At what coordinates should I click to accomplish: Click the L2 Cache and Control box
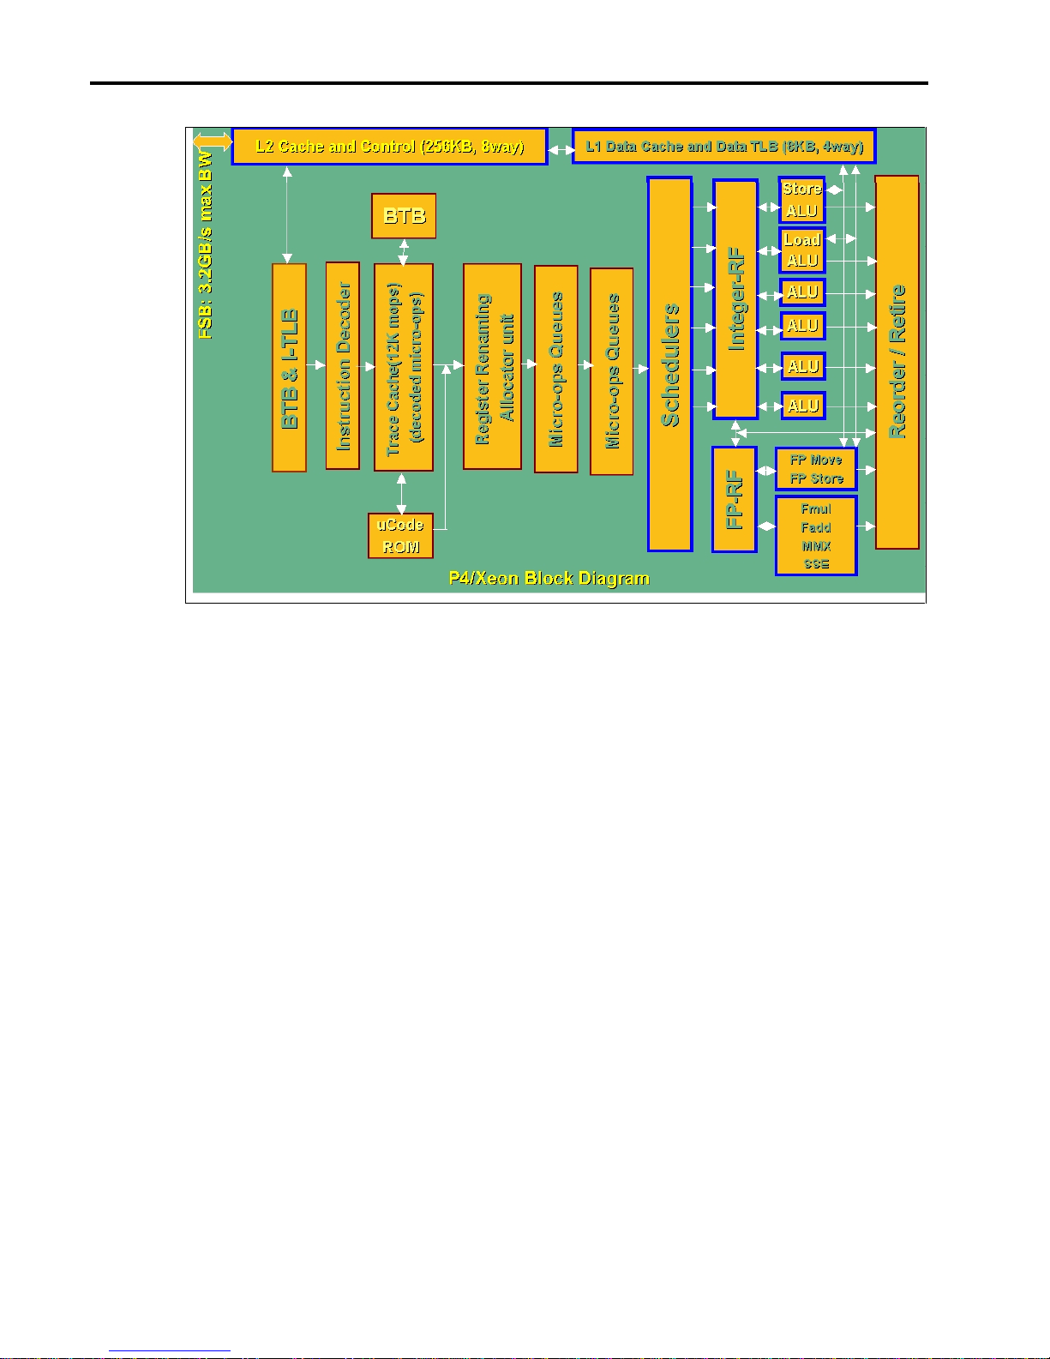389,147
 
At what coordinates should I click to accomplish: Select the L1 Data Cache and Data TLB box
723,147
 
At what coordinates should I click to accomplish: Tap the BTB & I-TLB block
289,368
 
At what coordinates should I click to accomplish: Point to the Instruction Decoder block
342,366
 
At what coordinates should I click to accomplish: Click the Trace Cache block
403,368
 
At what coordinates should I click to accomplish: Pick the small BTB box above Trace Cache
404,216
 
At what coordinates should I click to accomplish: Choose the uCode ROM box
400,536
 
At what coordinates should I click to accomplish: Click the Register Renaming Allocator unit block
492,367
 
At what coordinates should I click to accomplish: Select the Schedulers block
669,364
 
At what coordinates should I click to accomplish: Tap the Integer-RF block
735,299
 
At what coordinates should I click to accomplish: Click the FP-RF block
734,500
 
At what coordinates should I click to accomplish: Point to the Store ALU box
801,200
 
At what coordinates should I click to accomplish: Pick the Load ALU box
801,250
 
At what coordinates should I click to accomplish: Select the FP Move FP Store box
815,469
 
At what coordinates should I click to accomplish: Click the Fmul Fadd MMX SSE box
815,536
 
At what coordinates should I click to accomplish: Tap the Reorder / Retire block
897,362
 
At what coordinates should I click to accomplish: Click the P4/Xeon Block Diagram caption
549,579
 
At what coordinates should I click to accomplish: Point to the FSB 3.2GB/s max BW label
206,244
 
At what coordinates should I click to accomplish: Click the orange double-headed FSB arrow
212,141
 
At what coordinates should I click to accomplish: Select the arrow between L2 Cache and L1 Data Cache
561,150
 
